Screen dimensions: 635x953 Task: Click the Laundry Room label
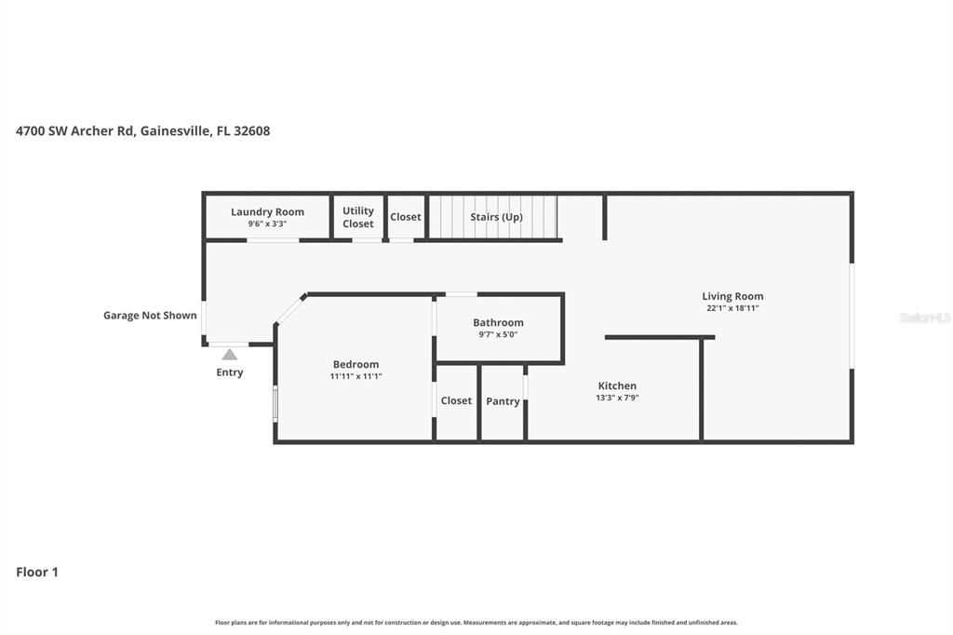click(x=267, y=211)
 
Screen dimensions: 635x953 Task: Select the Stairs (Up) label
click(x=496, y=217)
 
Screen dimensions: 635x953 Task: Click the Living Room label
click(x=732, y=296)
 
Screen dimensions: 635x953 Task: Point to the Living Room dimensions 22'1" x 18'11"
click(x=732, y=308)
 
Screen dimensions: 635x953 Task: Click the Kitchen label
click(x=617, y=385)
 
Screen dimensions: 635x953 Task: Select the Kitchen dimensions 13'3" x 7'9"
click(x=617, y=398)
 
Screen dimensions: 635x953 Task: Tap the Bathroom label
click(x=498, y=322)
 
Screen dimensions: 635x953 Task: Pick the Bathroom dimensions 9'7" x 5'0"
click(x=498, y=334)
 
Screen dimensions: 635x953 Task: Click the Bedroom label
click(x=356, y=364)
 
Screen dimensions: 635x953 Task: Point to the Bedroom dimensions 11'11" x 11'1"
click(x=356, y=376)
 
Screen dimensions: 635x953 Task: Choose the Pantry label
click(x=503, y=401)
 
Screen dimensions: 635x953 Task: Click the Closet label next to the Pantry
click(x=456, y=400)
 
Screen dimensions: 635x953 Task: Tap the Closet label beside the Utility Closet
click(x=406, y=217)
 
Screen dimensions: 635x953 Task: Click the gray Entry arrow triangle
click(x=229, y=354)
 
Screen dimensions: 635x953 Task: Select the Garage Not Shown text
click(x=150, y=316)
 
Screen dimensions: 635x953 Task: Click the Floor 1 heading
click(x=37, y=572)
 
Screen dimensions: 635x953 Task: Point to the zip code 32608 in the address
click(x=252, y=131)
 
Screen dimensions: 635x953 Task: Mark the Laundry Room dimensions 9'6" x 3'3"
click(x=267, y=224)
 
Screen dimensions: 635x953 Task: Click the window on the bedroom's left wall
click(x=275, y=403)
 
